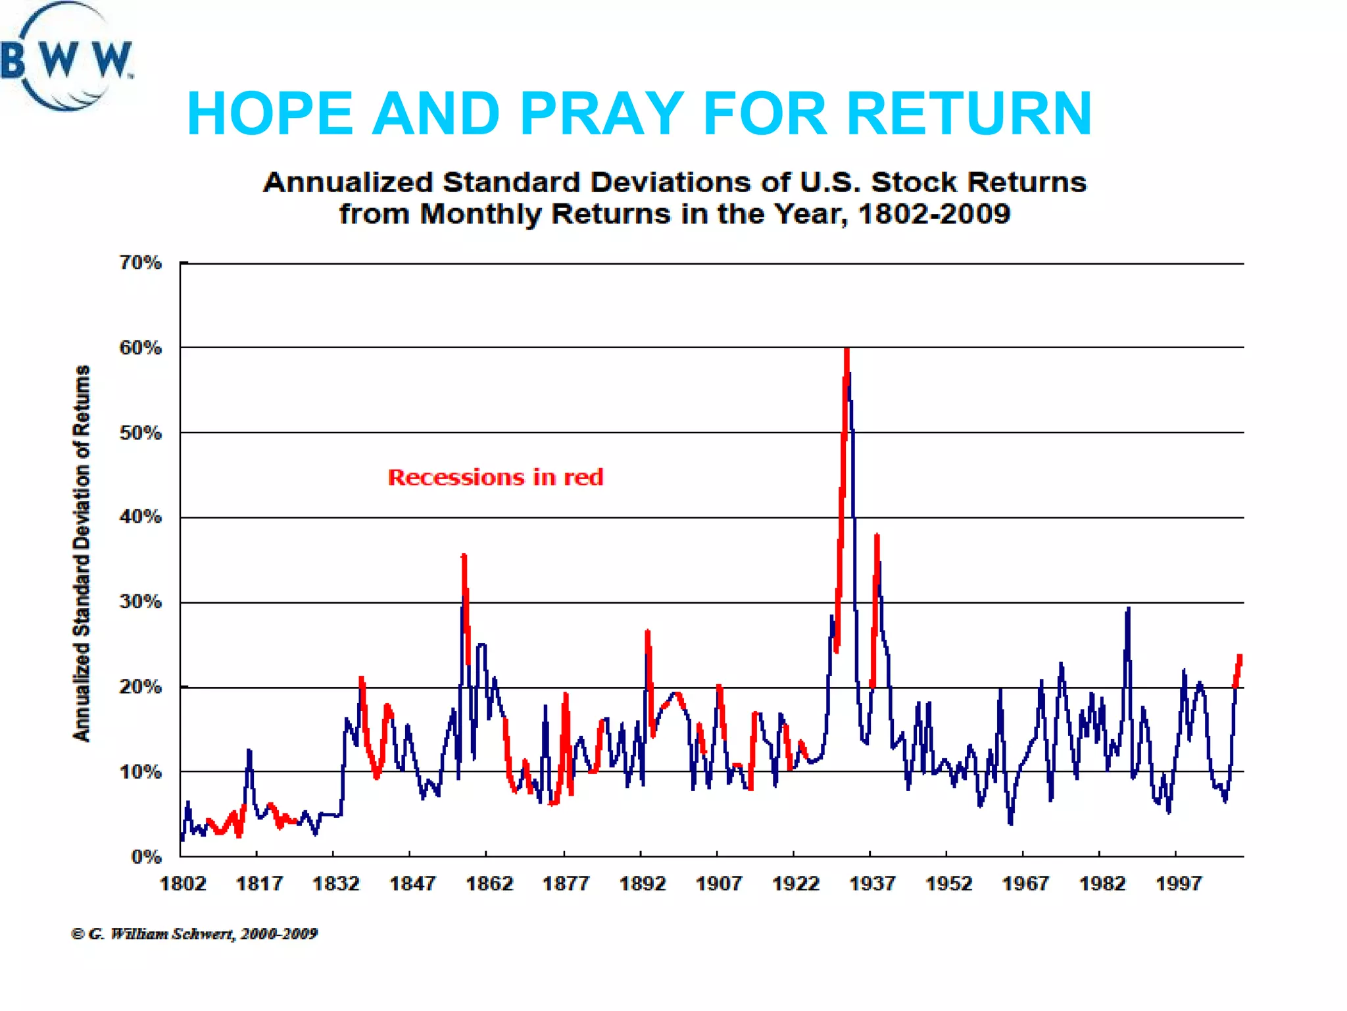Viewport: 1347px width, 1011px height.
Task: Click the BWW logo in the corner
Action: point(66,58)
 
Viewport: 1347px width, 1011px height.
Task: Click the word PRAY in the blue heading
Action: point(602,113)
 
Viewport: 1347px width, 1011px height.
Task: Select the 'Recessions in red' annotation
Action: point(495,477)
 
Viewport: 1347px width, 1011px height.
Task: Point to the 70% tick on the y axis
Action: point(140,263)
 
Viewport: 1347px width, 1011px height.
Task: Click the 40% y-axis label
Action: point(140,517)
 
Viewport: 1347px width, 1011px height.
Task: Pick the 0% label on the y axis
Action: point(146,856)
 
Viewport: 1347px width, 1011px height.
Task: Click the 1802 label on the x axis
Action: point(183,883)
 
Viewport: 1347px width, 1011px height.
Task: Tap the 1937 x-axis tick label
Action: point(871,883)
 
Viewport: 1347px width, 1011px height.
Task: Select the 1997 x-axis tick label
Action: point(1178,883)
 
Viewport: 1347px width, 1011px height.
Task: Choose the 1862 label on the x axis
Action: point(489,883)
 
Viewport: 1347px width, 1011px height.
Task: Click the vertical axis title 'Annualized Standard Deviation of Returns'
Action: point(81,553)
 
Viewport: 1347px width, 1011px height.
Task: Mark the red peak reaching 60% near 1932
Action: point(846,352)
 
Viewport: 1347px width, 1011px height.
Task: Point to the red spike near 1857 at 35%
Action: point(464,558)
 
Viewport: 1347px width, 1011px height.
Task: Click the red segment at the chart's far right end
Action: point(1238,668)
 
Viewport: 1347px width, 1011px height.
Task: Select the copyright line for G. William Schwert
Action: point(194,933)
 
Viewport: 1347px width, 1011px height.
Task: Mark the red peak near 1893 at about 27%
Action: point(647,633)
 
